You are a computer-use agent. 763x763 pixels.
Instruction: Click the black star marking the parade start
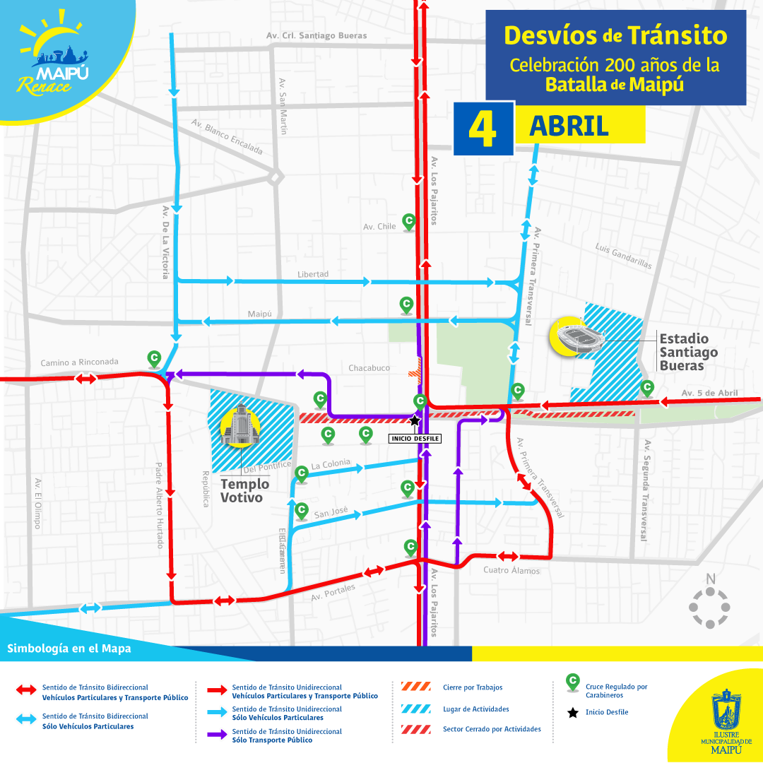pyautogui.click(x=414, y=420)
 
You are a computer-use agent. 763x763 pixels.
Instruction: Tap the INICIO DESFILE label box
pyautogui.click(x=415, y=439)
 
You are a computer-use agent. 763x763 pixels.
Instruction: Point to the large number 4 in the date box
pyautogui.click(x=483, y=129)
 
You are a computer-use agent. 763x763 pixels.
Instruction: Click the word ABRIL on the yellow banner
pyautogui.click(x=569, y=126)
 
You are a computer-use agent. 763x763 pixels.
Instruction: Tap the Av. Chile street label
pyautogui.click(x=379, y=227)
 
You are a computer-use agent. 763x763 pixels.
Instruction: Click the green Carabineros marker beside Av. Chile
pyautogui.click(x=408, y=221)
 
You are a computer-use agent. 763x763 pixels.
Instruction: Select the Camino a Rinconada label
pyautogui.click(x=79, y=362)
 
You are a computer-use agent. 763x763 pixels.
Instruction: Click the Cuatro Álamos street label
pyautogui.click(x=511, y=570)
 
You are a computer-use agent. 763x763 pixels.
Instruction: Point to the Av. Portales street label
pyautogui.click(x=333, y=593)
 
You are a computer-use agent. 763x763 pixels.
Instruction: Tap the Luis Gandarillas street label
pyautogui.click(x=623, y=256)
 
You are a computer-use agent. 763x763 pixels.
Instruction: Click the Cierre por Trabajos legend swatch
pyautogui.click(x=415, y=687)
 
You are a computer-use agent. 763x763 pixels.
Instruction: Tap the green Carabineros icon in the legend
pyautogui.click(x=572, y=682)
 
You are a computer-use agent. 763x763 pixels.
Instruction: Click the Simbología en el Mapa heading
pyautogui.click(x=69, y=649)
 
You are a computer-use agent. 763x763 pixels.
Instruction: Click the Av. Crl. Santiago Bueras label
pyautogui.click(x=317, y=35)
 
